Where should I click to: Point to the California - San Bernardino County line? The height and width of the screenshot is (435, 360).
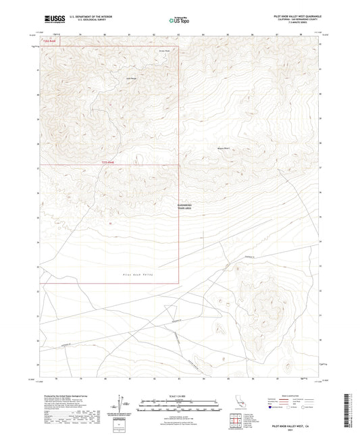pyautogui.click(x=292, y=20)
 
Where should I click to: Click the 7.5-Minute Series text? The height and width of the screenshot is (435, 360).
pyautogui.click(x=292, y=23)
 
